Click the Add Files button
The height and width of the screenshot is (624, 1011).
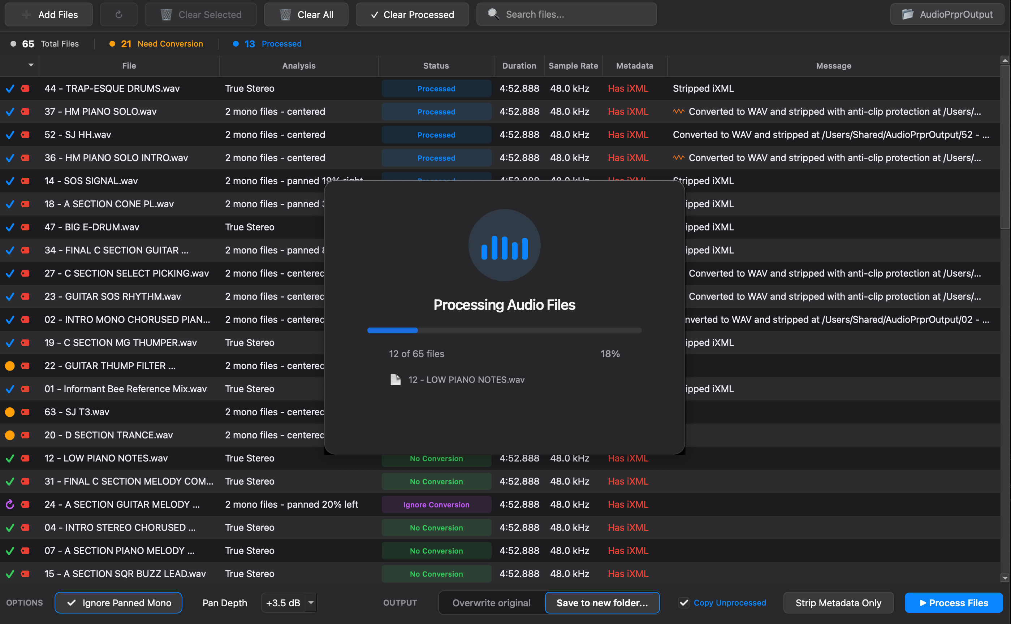click(x=49, y=15)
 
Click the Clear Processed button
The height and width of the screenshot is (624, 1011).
click(x=412, y=15)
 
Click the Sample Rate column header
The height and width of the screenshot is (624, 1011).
click(x=573, y=66)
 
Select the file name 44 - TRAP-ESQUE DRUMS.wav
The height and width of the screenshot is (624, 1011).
click(x=112, y=88)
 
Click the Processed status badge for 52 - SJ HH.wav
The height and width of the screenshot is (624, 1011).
click(x=436, y=135)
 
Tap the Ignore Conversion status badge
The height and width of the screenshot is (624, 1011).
click(x=436, y=505)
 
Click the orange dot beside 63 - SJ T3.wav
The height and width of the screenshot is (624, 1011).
click(x=10, y=412)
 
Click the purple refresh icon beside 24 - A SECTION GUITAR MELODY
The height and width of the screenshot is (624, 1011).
click(x=10, y=504)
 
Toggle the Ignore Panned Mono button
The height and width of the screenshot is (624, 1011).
click(x=118, y=603)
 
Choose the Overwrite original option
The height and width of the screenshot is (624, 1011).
click(x=491, y=603)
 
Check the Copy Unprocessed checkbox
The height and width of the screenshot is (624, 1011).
click(x=684, y=603)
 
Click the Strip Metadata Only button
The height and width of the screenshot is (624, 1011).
click(x=838, y=603)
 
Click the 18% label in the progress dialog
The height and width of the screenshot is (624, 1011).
click(x=610, y=354)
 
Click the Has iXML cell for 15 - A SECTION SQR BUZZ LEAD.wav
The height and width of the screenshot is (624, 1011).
click(x=627, y=574)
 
